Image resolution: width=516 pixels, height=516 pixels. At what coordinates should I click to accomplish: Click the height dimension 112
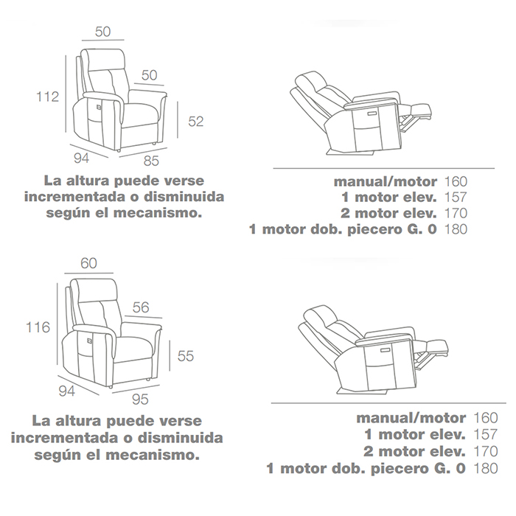point(48,97)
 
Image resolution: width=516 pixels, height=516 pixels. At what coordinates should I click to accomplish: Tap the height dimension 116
point(38,327)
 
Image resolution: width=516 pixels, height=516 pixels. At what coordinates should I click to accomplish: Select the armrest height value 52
point(196,122)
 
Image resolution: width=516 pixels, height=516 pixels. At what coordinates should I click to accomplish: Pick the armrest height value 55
point(186,356)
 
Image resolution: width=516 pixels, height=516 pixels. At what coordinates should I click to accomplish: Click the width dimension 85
point(151,161)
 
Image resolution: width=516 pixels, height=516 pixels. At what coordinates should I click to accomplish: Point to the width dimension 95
point(140,400)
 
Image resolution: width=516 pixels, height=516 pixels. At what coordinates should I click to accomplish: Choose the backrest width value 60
point(89,263)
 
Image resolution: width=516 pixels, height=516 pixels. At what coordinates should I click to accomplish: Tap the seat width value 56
point(141,307)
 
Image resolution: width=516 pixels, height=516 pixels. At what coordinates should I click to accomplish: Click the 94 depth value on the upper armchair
point(81,158)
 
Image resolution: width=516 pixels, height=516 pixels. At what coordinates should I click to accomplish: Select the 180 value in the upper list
point(456,229)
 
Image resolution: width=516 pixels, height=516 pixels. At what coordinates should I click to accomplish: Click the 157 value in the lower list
point(485,434)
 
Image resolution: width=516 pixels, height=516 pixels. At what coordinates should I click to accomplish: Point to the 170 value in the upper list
point(456,213)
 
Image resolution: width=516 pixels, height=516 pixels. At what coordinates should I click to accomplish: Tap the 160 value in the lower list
point(485,418)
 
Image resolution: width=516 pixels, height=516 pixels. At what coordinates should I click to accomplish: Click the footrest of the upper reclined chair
point(420,111)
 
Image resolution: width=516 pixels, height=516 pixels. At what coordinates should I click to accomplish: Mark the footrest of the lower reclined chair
point(436,347)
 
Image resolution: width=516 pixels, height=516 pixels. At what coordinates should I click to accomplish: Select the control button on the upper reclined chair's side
point(372,114)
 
